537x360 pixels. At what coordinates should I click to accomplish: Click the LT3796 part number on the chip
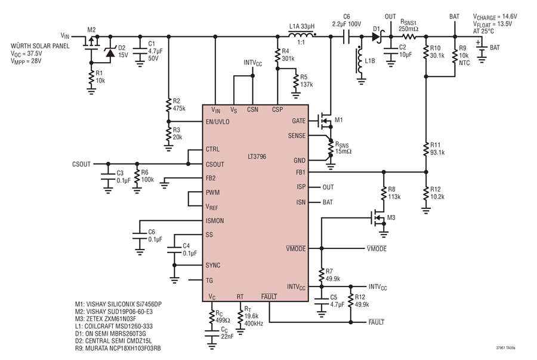click(x=257, y=156)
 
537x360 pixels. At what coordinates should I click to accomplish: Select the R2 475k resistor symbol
click(x=168, y=105)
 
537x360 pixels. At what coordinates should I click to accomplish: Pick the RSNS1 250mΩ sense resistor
click(x=409, y=36)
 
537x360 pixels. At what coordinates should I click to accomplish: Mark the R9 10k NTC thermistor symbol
click(x=455, y=56)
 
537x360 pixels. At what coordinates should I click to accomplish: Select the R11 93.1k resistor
click(x=426, y=149)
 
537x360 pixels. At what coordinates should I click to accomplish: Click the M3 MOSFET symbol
click(x=378, y=218)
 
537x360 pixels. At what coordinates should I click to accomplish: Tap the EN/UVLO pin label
click(x=217, y=122)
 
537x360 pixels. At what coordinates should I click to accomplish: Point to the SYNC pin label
click(x=213, y=265)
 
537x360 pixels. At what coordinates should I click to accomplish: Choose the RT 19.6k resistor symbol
click(x=240, y=316)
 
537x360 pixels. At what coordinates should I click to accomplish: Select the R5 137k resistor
click(x=295, y=81)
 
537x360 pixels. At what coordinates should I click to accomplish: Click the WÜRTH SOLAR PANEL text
click(x=40, y=46)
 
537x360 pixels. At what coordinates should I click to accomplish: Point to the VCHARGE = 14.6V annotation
click(x=495, y=17)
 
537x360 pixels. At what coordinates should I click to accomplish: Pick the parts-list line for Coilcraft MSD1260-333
click(x=114, y=326)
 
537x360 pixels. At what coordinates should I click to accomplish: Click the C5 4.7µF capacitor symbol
click(x=321, y=301)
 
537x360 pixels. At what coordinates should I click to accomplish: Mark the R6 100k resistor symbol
click(x=137, y=177)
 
